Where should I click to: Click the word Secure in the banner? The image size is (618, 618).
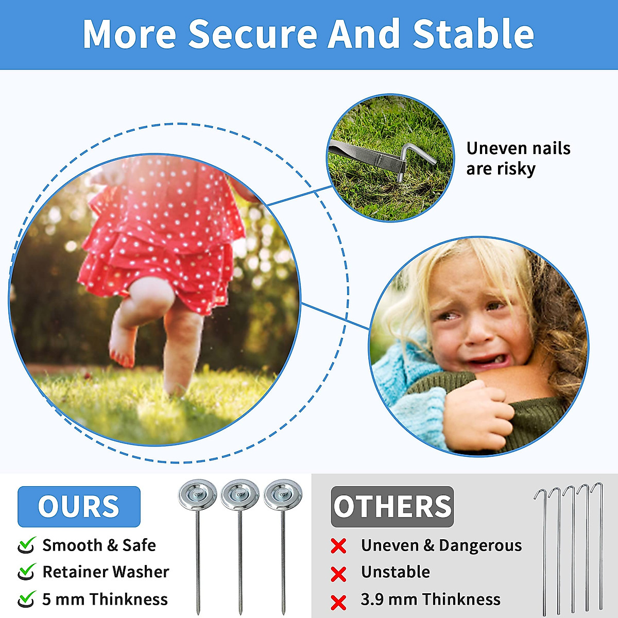point(253,34)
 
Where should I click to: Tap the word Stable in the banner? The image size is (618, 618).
point(473,34)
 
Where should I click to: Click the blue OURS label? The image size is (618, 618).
point(79,506)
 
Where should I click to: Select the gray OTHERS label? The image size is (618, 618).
point(392,506)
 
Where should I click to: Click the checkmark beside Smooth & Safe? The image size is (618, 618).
point(26,545)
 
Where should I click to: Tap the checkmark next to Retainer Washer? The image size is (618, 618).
point(26,572)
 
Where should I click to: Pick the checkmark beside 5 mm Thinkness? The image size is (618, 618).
point(26,599)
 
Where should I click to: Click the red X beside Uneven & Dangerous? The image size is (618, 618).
point(338,546)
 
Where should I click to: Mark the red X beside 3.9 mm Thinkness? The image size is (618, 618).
point(338,602)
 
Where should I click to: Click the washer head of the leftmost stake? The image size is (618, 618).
point(198,495)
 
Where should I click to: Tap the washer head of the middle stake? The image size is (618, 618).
point(240,495)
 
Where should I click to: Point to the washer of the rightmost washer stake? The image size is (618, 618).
point(283,495)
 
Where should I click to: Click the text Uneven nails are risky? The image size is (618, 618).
point(518,159)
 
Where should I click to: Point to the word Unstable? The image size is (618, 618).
point(396,572)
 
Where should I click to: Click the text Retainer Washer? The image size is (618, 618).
point(106,572)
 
